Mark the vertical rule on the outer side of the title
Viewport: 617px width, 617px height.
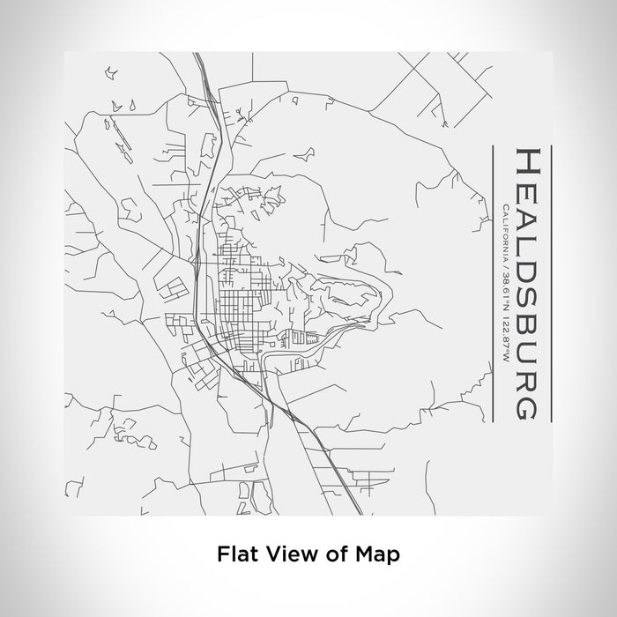click(550, 282)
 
